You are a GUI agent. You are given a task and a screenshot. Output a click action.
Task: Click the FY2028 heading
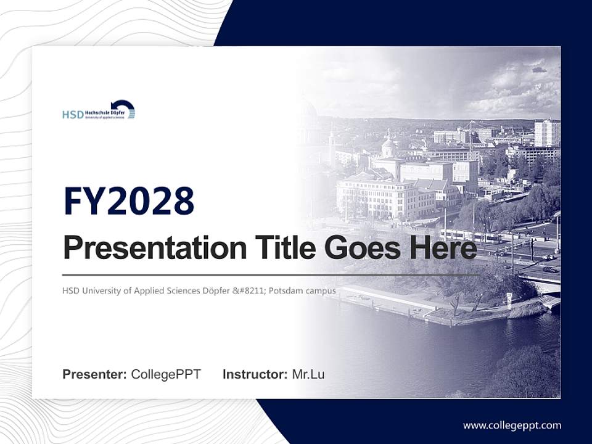tap(129, 200)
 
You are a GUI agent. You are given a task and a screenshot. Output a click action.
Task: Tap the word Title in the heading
tap(284, 248)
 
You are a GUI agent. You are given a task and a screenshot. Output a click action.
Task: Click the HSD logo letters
tap(72, 115)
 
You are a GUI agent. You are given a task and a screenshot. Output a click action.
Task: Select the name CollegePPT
tap(166, 374)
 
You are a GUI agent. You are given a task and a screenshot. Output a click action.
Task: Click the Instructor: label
tap(255, 374)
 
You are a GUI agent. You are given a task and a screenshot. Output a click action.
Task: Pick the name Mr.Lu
tap(308, 374)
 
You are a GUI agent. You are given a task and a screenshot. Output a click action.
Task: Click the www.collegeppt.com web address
tap(512, 425)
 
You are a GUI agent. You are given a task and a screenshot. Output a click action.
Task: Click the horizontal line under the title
tap(271, 274)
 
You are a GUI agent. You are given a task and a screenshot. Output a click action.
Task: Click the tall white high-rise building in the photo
tap(546, 133)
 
